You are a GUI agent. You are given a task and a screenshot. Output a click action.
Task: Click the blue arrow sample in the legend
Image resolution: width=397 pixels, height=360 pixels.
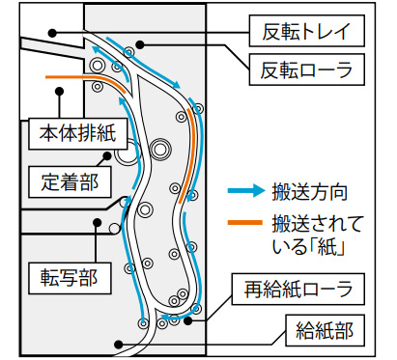pyautogui.click(x=245, y=191)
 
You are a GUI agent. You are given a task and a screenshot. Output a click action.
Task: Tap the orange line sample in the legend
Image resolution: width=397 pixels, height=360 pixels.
pyautogui.click(x=245, y=224)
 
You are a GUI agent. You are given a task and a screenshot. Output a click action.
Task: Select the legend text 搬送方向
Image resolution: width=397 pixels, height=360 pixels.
pyautogui.click(x=310, y=191)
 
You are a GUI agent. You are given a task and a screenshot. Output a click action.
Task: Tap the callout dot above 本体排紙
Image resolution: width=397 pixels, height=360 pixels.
pyautogui.click(x=60, y=93)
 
